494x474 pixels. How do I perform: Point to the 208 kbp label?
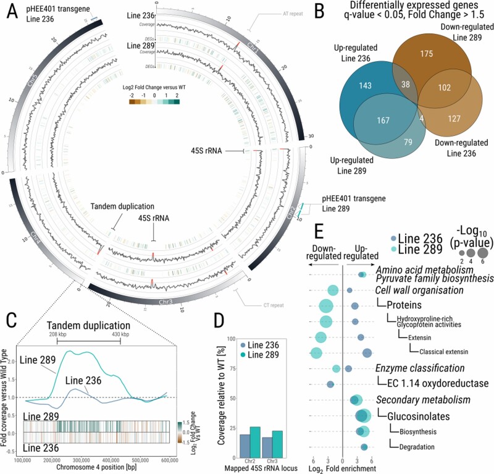click(x=57, y=334)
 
